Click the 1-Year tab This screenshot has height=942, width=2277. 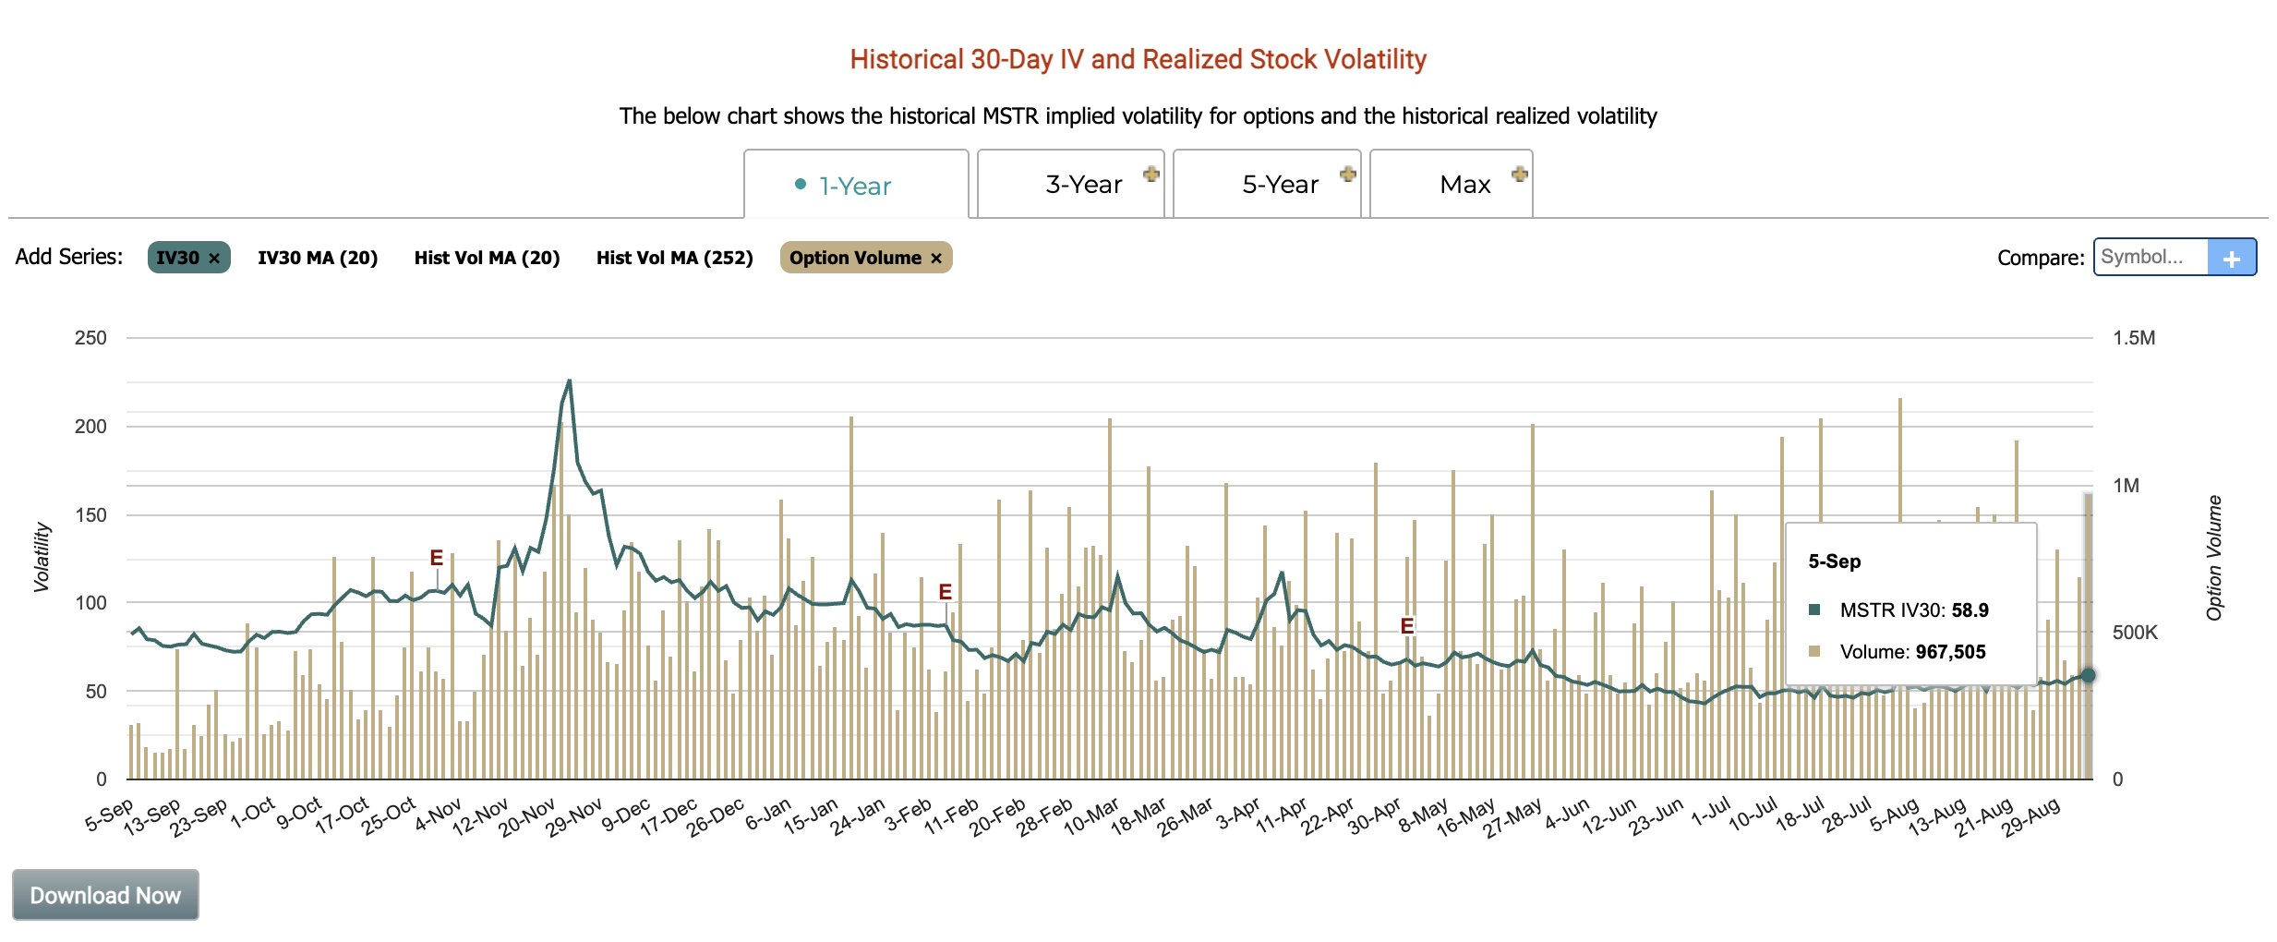point(855,186)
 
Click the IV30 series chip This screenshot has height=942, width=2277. point(178,258)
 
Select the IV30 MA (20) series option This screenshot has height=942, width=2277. point(318,258)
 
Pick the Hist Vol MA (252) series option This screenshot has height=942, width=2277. point(674,258)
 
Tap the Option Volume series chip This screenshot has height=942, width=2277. point(855,258)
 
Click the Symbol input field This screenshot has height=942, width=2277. point(2150,257)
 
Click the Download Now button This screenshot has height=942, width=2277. point(105,895)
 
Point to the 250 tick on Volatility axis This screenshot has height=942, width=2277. point(90,338)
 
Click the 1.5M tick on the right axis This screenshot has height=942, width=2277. point(2134,338)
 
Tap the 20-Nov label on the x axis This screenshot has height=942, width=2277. point(527,817)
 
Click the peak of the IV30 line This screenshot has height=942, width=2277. point(569,380)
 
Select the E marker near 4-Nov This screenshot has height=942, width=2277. point(437,558)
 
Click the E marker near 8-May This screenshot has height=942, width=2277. point(1406,626)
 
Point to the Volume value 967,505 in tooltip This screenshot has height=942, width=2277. point(1949,652)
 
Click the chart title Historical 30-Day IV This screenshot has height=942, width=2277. point(1138,59)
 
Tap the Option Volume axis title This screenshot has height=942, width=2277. point(2213,558)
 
